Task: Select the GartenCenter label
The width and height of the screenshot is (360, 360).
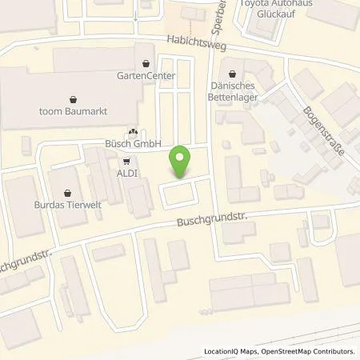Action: tap(145, 74)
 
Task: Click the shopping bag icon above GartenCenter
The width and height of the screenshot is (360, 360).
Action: tap(145, 61)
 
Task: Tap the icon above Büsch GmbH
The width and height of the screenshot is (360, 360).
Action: tap(132, 132)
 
